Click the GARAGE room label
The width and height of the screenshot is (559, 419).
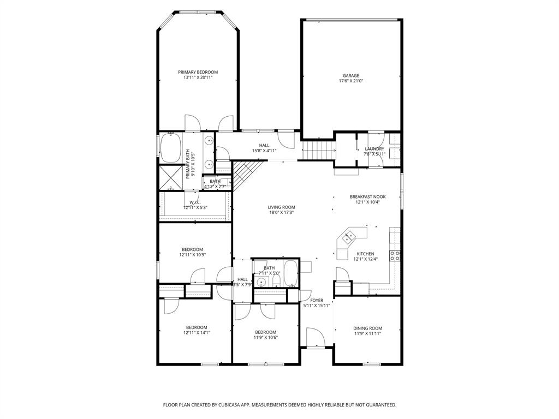tap(351, 75)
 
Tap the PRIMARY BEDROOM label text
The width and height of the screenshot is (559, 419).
tap(198, 72)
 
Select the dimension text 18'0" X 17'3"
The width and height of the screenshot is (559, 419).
tap(281, 213)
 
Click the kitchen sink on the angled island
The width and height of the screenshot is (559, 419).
tap(348, 237)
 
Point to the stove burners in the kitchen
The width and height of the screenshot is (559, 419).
tap(395, 254)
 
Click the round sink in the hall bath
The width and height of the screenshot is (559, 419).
tap(261, 282)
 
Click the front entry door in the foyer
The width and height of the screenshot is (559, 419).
tap(315, 338)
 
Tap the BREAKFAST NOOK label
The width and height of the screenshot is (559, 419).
tap(367, 196)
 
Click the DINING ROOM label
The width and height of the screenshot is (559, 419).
tap(367, 328)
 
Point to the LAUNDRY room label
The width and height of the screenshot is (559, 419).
tap(374, 148)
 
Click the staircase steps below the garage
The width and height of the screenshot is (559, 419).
tap(318, 148)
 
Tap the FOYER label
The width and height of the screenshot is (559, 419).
tap(317, 300)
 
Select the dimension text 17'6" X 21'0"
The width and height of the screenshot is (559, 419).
tap(351, 81)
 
